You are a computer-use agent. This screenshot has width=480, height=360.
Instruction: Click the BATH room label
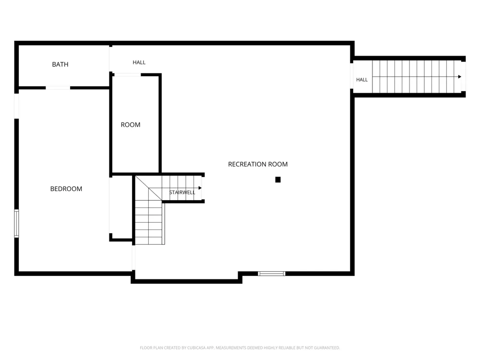[60, 64]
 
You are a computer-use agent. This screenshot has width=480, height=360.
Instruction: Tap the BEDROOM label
[66, 189]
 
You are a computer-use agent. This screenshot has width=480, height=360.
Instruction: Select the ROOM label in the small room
[131, 125]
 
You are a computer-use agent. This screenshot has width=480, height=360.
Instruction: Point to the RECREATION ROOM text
[258, 164]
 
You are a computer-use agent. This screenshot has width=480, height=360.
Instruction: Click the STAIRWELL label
[182, 192]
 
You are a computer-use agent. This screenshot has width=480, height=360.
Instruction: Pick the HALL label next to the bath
[139, 62]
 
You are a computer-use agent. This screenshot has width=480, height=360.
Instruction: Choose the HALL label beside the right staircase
[362, 80]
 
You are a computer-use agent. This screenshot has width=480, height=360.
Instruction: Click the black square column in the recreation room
[278, 180]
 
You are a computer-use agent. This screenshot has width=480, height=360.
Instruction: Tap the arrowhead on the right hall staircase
[459, 76]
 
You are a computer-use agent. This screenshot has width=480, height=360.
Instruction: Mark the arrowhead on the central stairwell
[200, 188]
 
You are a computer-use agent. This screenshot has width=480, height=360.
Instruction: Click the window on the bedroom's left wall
[16, 224]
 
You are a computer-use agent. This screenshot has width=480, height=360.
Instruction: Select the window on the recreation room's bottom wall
[272, 274]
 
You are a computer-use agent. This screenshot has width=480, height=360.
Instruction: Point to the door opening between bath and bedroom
[58, 88]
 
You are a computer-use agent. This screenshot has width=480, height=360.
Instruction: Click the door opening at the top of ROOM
[127, 74]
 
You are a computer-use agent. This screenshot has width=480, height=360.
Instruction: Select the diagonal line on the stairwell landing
[149, 188]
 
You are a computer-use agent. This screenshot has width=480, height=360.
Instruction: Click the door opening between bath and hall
[110, 60]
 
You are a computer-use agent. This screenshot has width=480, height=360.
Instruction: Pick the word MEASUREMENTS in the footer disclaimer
[230, 348]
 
